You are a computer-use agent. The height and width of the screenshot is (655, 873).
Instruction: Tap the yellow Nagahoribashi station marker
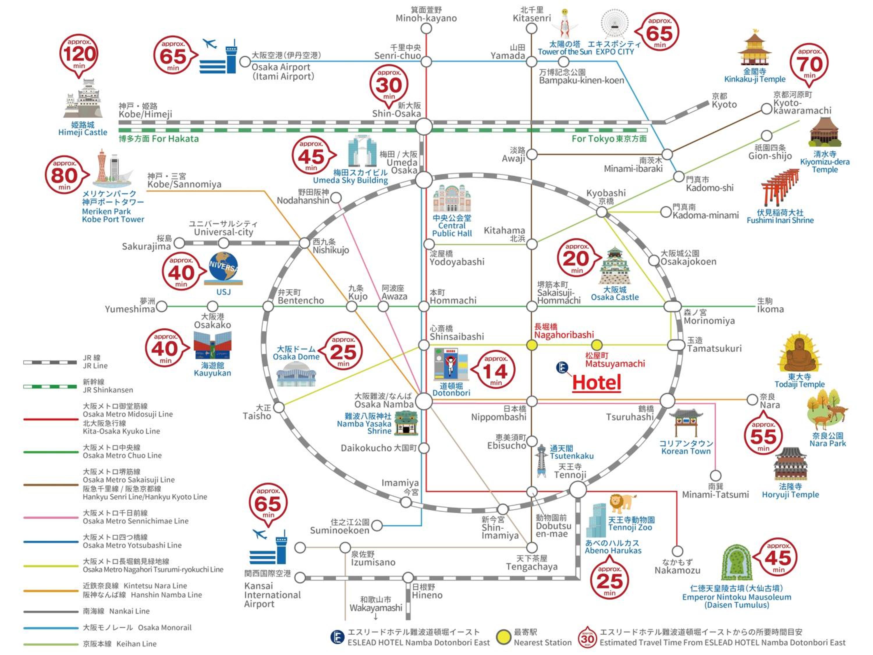tap(532, 345)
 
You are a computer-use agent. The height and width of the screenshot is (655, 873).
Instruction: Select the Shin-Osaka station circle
tap(424, 127)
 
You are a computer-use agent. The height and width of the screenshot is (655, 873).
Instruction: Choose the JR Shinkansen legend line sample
tap(50, 386)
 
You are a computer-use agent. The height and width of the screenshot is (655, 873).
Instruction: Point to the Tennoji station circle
tap(578, 490)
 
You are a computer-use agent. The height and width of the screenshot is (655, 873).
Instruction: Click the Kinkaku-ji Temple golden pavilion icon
tap(754, 49)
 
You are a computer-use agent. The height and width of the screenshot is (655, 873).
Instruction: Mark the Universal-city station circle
tap(223, 242)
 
